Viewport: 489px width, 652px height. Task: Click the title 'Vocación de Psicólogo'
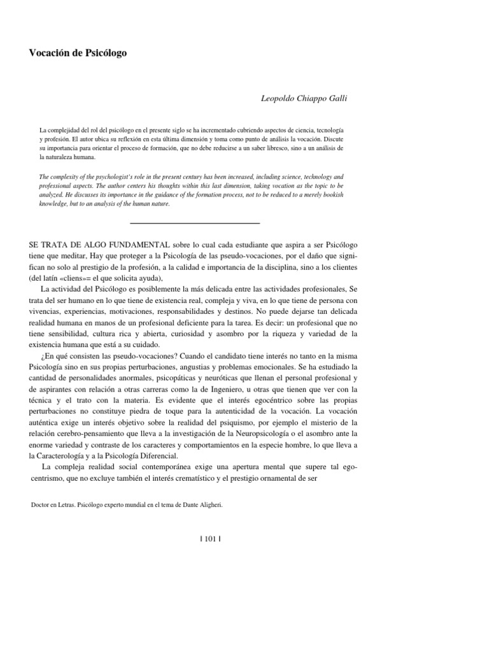(x=78, y=54)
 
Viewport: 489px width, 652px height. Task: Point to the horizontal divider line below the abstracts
(x=195, y=223)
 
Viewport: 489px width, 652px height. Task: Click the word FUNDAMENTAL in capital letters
(x=132, y=244)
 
